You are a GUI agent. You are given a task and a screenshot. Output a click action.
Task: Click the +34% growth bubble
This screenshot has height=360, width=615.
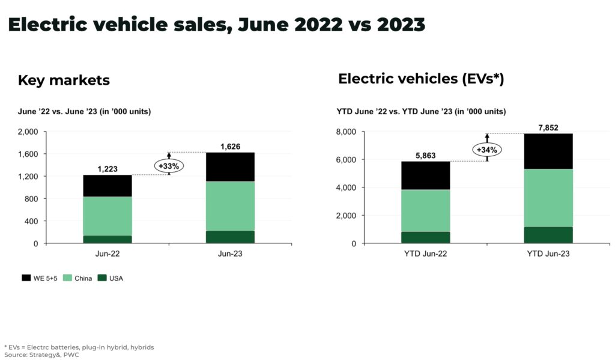point(487,149)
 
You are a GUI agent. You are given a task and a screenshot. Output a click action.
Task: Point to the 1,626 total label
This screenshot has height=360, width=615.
point(229,146)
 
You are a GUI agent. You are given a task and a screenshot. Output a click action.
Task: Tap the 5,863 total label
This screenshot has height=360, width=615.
point(425,155)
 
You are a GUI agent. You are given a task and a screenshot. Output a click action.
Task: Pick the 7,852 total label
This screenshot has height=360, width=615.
point(548,127)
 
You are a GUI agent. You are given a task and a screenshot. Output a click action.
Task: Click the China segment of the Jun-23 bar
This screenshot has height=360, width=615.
point(229,206)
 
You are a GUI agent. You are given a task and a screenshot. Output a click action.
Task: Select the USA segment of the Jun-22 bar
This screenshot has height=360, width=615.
point(107,239)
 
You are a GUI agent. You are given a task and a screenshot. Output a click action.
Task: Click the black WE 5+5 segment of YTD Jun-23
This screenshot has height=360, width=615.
point(548,151)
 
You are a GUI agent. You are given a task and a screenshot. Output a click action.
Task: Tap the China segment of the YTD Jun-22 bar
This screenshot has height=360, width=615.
point(425,210)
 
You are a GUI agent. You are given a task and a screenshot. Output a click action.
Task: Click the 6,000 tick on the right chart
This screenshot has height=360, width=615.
point(345,160)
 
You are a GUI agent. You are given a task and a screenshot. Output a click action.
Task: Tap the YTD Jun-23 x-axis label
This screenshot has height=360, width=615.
point(548,254)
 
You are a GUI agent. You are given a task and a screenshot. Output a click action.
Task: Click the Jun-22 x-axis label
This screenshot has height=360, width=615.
point(107,254)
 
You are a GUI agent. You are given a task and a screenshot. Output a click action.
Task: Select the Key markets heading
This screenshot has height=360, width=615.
point(64,80)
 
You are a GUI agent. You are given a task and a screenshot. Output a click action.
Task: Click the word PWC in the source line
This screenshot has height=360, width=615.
point(70,355)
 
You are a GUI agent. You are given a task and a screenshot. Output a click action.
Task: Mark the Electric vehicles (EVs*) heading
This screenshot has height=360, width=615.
point(420,79)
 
